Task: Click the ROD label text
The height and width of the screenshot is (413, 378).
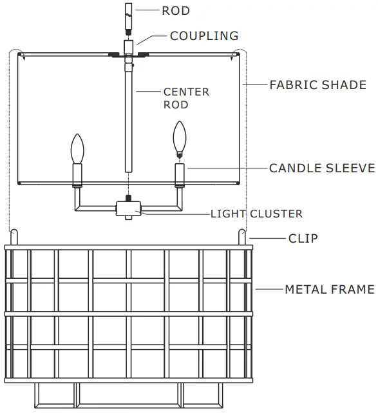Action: point(176,11)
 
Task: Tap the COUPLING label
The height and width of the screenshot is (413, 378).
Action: point(203,36)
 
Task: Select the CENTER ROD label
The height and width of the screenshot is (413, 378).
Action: point(186,97)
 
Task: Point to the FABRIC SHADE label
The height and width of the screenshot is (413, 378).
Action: point(317,85)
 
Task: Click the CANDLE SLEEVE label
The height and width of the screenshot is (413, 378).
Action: point(321,168)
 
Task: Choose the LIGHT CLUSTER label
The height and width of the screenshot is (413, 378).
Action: point(256,214)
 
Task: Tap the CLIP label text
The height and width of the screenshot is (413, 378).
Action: point(303,238)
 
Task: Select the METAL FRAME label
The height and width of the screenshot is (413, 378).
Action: point(329,290)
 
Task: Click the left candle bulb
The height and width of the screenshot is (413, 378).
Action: point(78,148)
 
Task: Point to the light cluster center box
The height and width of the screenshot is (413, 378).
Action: point(129,208)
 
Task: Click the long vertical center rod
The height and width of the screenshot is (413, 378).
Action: point(129,116)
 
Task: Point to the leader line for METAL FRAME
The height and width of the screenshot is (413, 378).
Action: point(269,290)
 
